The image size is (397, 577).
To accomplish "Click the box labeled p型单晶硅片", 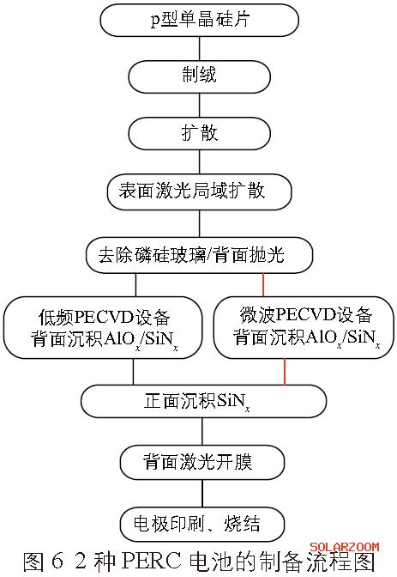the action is (x=199, y=21).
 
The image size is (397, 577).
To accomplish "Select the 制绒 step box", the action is (x=199, y=77).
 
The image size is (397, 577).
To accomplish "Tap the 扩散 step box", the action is (x=199, y=133).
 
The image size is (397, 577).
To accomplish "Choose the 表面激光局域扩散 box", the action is (x=199, y=192).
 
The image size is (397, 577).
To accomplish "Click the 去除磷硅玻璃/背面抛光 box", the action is (x=199, y=255).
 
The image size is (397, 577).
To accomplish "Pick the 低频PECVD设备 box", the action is (x=103, y=327).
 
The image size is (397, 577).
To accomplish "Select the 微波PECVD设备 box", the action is (x=304, y=327).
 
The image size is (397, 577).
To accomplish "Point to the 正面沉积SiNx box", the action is (x=204, y=401).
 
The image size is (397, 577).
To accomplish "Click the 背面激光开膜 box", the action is (x=202, y=462).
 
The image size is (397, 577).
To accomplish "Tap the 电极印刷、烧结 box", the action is (x=202, y=524).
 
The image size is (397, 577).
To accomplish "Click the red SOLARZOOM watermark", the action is (x=345, y=547).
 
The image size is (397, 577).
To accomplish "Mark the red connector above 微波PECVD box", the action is (x=263, y=285).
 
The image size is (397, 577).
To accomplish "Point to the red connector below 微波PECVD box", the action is (x=285, y=372).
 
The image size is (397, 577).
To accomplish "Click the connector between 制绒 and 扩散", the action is (x=199, y=106).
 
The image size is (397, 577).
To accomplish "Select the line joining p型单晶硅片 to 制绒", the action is (x=199, y=49).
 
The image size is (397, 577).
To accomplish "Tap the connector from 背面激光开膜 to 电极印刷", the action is (x=202, y=493).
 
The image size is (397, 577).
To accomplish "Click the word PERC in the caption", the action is (x=152, y=562).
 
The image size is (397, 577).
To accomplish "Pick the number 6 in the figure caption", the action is (x=57, y=562).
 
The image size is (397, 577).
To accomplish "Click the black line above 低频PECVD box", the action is (x=135, y=285).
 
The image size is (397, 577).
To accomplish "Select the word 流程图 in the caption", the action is (x=346, y=562).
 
